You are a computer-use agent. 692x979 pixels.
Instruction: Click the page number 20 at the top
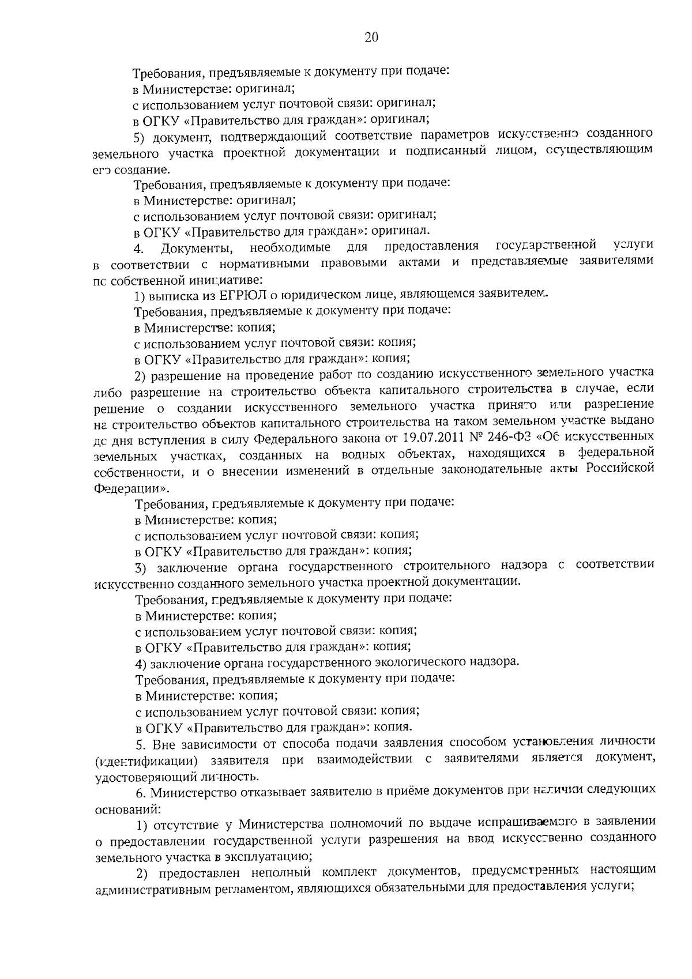(371, 37)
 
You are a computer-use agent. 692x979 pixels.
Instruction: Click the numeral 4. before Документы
(138, 248)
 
